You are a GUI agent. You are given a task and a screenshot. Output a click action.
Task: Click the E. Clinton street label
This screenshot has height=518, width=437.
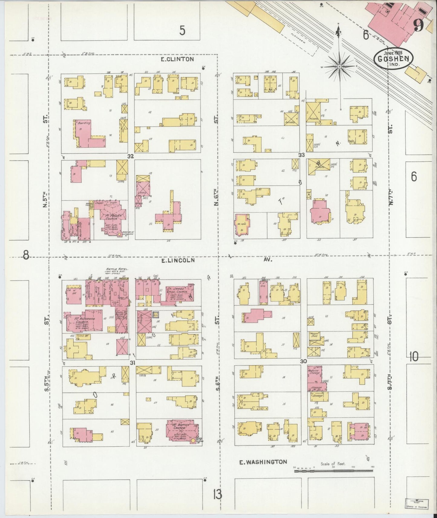coord(177,59)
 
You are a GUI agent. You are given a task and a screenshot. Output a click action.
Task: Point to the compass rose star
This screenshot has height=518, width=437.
coord(340,66)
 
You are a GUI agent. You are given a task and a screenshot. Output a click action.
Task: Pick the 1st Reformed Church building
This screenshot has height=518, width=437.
coord(85,321)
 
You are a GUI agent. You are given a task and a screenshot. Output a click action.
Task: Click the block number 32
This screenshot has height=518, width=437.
coord(130,157)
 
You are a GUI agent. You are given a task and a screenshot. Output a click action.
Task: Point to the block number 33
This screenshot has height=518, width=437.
coord(302,155)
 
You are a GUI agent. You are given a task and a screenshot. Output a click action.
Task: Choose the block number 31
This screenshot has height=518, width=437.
coord(132,363)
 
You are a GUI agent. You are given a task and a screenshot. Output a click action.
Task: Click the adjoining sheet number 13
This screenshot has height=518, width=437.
coord(217,495)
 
